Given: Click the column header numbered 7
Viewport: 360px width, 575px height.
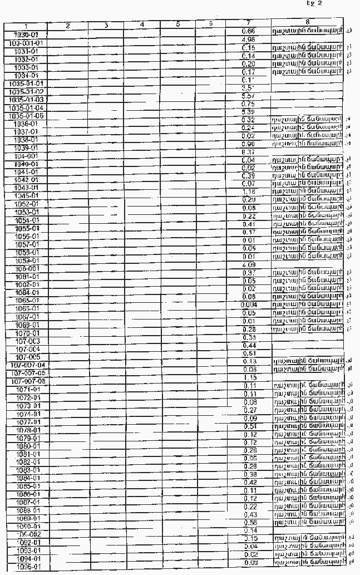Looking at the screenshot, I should [249, 25].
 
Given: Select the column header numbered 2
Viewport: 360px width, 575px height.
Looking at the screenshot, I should [67, 26].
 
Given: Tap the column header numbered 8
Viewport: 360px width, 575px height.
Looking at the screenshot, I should [308, 22].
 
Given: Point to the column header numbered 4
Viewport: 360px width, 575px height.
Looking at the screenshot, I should [142, 25].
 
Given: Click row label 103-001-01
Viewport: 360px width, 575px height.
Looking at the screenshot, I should [27, 42].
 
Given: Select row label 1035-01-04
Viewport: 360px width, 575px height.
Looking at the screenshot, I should [27, 107].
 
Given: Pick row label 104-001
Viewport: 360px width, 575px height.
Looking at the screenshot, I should [27, 156].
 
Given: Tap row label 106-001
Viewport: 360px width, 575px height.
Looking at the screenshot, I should [27, 268].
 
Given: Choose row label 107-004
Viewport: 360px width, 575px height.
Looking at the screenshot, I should [27, 349].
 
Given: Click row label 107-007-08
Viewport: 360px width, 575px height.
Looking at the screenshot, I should [27, 381].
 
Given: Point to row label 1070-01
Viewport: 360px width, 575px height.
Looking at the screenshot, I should [27, 333].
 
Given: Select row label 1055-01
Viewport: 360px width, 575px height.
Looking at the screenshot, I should [27, 228].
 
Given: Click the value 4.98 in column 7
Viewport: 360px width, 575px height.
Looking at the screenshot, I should [249, 40].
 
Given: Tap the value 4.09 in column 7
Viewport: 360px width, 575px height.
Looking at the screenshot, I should [249, 264].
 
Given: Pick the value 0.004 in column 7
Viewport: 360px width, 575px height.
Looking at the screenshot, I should [249, 304].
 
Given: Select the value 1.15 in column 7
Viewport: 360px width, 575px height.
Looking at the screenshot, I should [249, 377].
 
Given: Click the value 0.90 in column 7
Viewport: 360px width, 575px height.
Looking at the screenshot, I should [249, 144].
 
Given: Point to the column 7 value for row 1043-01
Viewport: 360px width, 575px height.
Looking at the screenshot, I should [249, 191].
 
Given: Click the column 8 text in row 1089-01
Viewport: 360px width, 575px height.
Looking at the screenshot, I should [308, 514].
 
